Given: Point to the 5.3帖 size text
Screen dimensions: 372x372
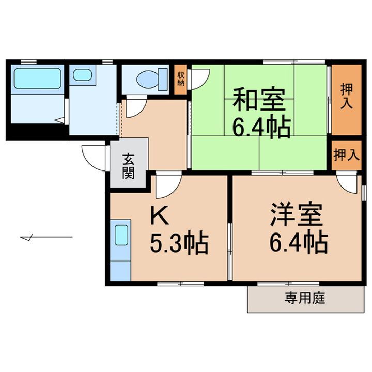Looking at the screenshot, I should (179, 244).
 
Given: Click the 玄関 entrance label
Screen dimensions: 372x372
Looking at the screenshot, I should (128, 166).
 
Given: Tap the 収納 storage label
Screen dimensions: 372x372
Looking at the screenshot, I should (181, 80).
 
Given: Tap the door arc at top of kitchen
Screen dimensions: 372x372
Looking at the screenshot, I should (168, 186).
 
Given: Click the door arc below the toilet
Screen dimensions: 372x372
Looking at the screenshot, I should (133, 107).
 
